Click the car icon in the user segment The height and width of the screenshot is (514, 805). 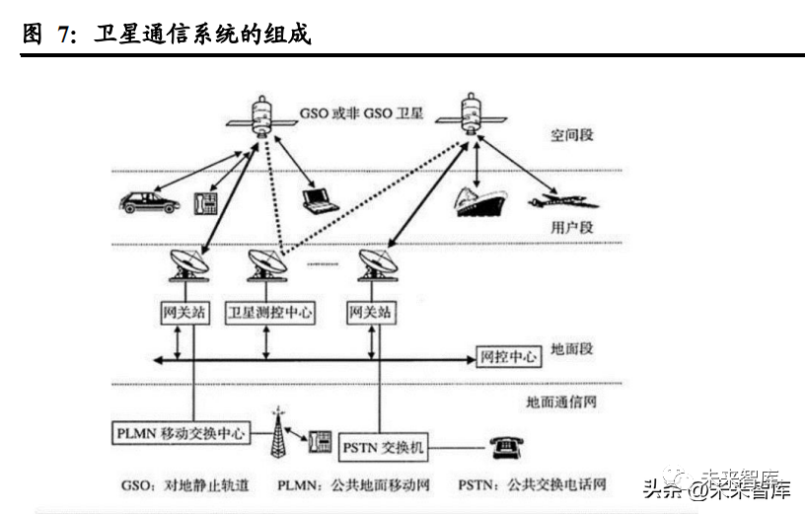[x=149, y=202]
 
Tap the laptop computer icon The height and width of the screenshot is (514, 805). [x=320, y=199]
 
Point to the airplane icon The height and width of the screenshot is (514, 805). [x=563, y=202]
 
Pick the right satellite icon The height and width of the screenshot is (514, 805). [x=473, y=110]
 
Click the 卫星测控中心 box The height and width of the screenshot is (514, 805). [x=270, y=313]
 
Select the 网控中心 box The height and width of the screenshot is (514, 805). [x=508, y=356]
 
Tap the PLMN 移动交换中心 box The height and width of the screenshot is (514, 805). [x=180, y=432]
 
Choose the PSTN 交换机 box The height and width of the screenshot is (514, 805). [x=385, y=448]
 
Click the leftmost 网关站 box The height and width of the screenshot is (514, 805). [x=185, y=313]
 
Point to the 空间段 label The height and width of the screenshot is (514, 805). [x=572, y=135]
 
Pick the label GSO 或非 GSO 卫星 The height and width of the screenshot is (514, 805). [x=361, y=114]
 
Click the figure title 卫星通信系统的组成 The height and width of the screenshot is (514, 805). [x=201, y=36]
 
